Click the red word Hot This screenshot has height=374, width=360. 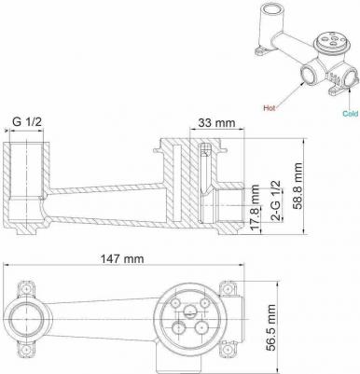[x=270, y=107]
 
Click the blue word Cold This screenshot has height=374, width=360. [x=351, y=114]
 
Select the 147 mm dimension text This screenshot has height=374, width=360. [x=122, y=258]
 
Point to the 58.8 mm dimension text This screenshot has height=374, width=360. [x=298, y=186]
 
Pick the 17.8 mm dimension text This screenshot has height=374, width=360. [x=256, y=208]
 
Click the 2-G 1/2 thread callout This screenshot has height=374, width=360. [x=276, y=201]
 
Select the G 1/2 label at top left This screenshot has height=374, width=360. [x=27, y=121]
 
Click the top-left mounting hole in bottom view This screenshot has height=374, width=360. [x=26, y=288]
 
